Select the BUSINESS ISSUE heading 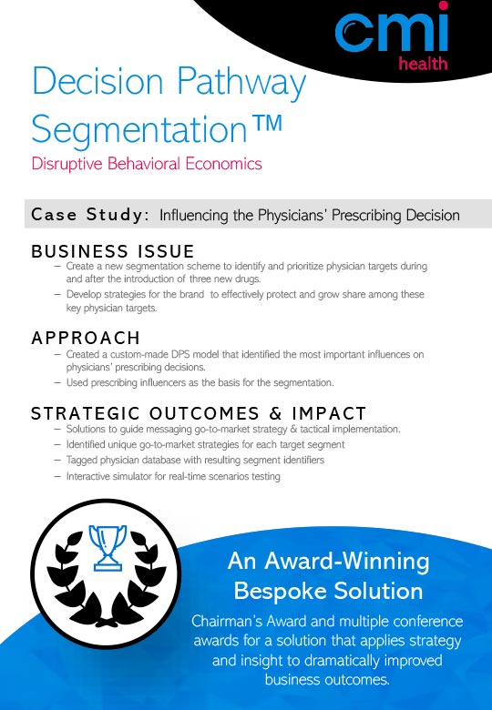pos(113,251)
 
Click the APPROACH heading pos(86,339)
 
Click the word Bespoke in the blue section pos(276,591)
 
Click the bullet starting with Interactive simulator pos(173,476)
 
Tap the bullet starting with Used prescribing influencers pos(200,382)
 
